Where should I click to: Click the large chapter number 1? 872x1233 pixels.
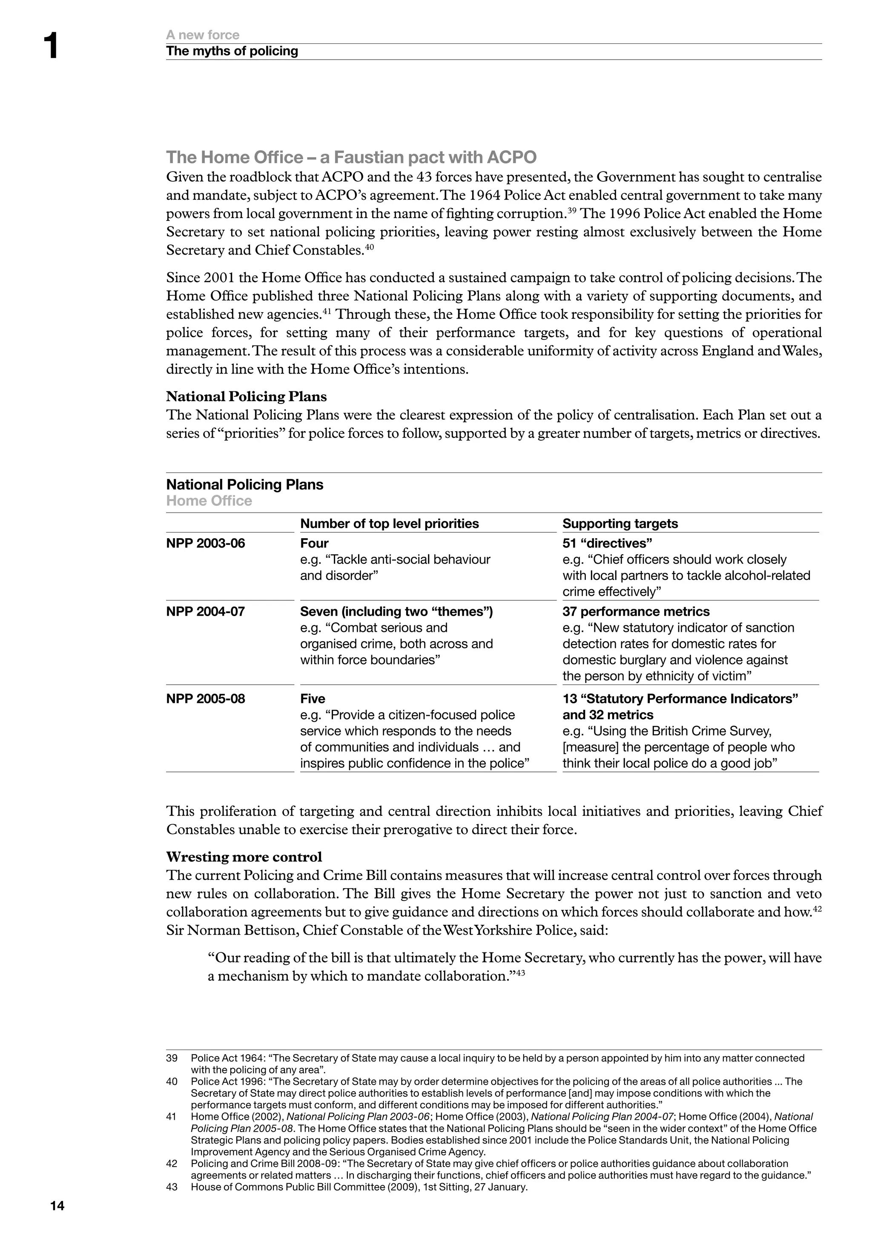click(51, 46)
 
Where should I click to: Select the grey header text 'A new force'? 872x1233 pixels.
click(202, 35)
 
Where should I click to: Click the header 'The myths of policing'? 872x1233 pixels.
click(232, 51)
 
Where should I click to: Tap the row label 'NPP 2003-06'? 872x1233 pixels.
click(205, 543)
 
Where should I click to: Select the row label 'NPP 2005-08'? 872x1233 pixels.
click(205, 698)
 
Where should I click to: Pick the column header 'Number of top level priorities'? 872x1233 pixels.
click(389, 523)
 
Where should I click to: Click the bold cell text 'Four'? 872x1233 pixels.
click(314, 543)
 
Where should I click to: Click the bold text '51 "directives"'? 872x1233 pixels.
click(607, 543)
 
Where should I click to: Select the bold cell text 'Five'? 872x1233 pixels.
click(313, 698)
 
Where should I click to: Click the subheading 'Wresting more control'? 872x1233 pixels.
click(244, 857)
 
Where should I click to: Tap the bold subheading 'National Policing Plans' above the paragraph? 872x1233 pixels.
click(246, 396)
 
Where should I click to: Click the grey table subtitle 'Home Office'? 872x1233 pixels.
click(209, 501)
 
